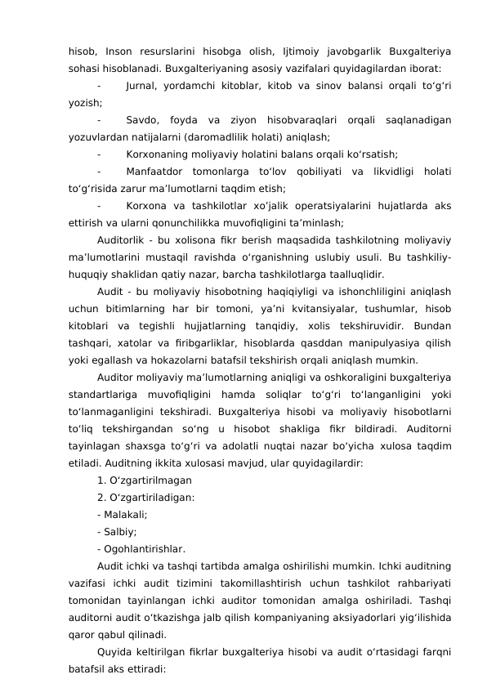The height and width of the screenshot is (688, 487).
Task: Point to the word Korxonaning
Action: (162, 154)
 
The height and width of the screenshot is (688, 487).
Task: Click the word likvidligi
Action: (387, 172)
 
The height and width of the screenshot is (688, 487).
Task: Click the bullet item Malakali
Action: (122, 514)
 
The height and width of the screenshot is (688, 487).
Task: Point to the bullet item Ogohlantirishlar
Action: (141, 548)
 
